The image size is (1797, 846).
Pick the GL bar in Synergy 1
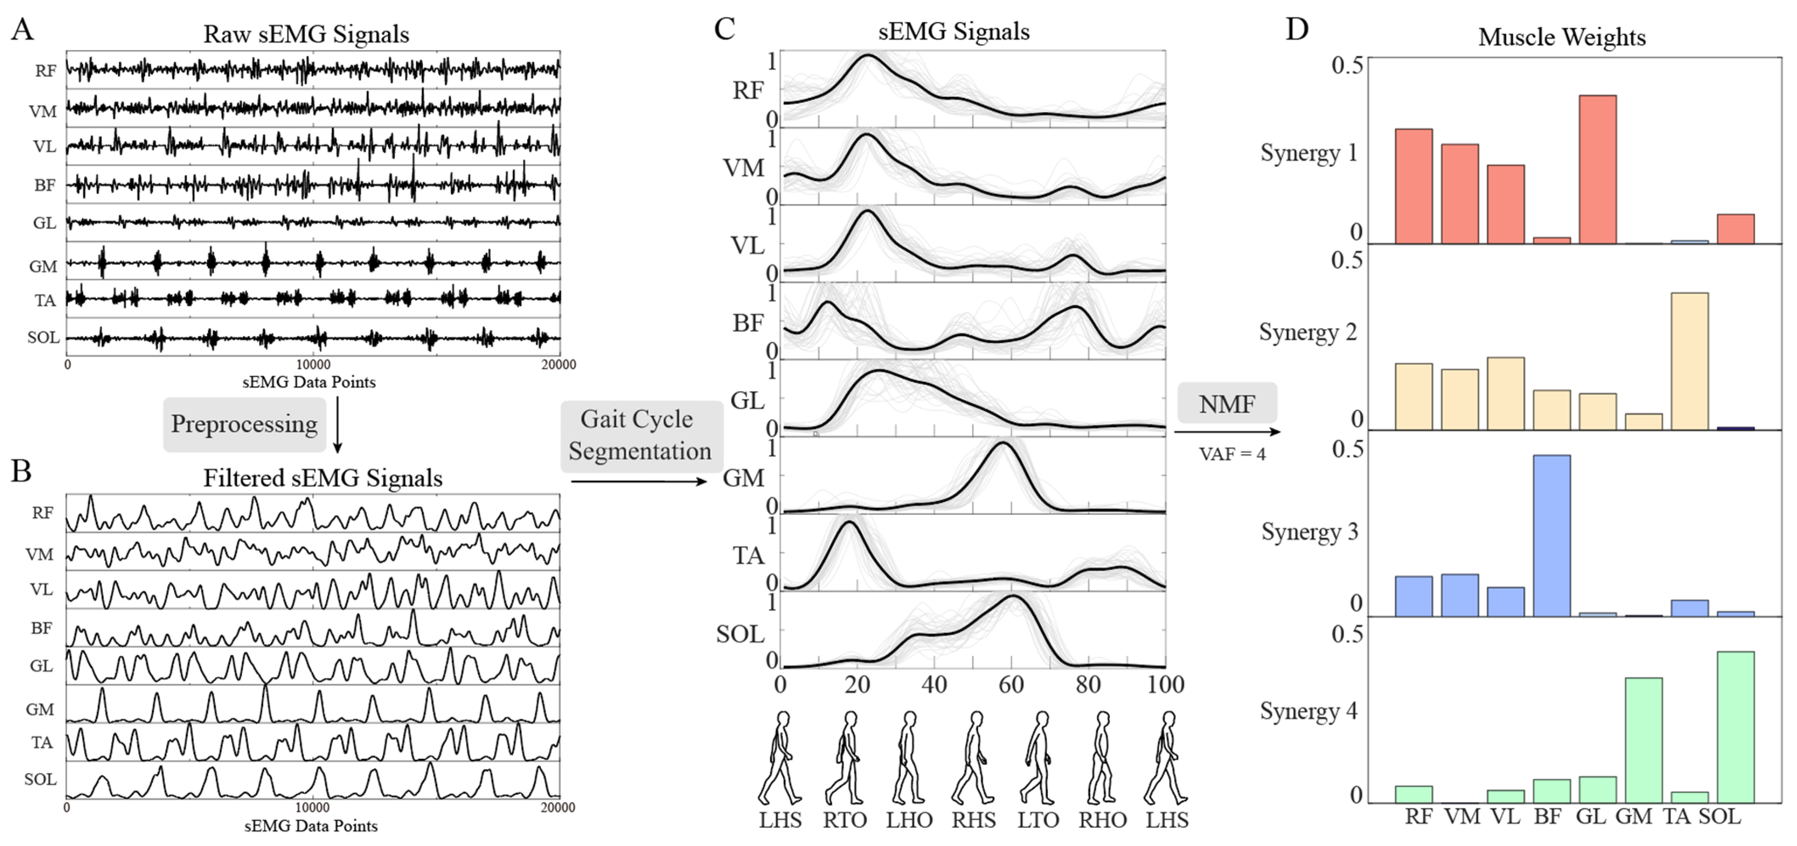pyautogui.click(x=1597, y=169)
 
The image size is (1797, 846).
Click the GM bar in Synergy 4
pyautogui.click(x=1643, y=740)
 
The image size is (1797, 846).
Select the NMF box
pyautogui.click(x=1227, y=404)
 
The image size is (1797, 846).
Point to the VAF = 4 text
pyautogui.click(x=1232, y=454)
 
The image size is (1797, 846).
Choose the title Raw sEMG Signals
pyautogui.click(x=306, y=34)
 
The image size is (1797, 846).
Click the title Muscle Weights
pyautogui.click(x=1562, y=37)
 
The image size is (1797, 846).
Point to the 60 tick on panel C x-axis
pyautogui.click(x=1011, y=685)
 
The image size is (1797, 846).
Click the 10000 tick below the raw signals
pyautogui.click(x=313, y=365)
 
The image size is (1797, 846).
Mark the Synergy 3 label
pyautogui.click(x=1309, y=532)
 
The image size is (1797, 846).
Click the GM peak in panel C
pyautogui.click(x=1002, y=444)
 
